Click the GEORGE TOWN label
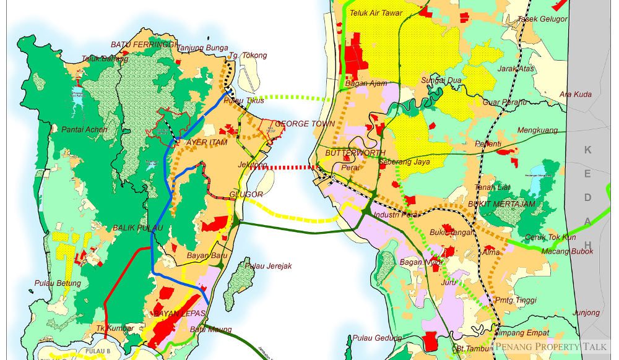(x=305, y=124)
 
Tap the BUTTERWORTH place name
(x=355, y=153)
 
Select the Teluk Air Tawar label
(x=376, y=13)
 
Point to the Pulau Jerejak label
(x=268, y=266)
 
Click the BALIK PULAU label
(x=137, y=228)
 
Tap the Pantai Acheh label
(x=84, y=129)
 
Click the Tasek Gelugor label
(x=542, y=19)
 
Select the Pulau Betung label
(x=58, y=283)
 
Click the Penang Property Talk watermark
(x=550, y=347)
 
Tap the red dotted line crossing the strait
(x=284, y=167)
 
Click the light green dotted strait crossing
(x=291, y=98)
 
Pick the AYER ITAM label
(x=207, y=142)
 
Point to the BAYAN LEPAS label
(x=179, y=314)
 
